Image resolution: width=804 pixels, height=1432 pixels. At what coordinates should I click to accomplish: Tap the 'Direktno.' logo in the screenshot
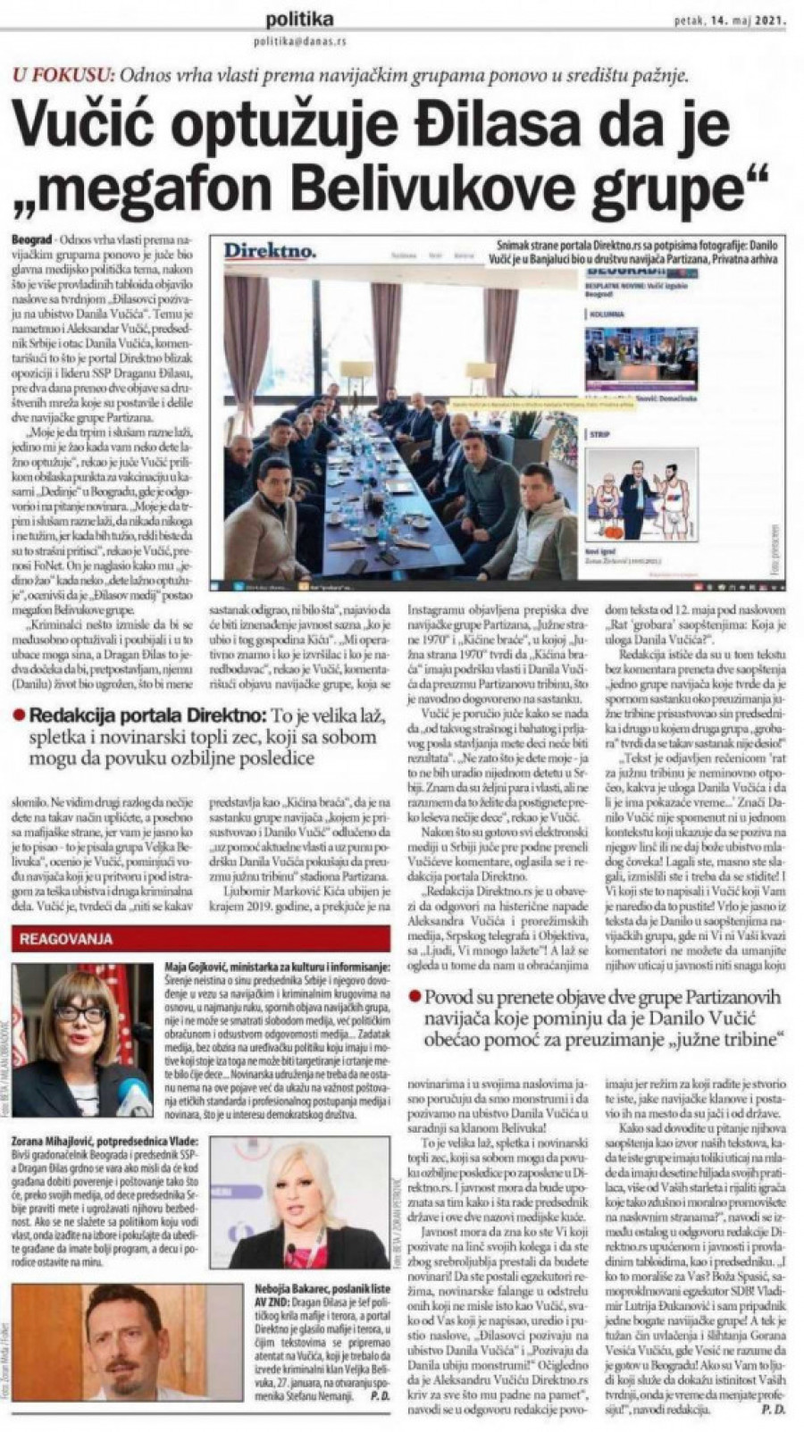coord(269,253)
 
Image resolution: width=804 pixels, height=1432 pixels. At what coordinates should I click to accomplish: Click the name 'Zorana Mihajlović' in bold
coord(59,1142)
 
